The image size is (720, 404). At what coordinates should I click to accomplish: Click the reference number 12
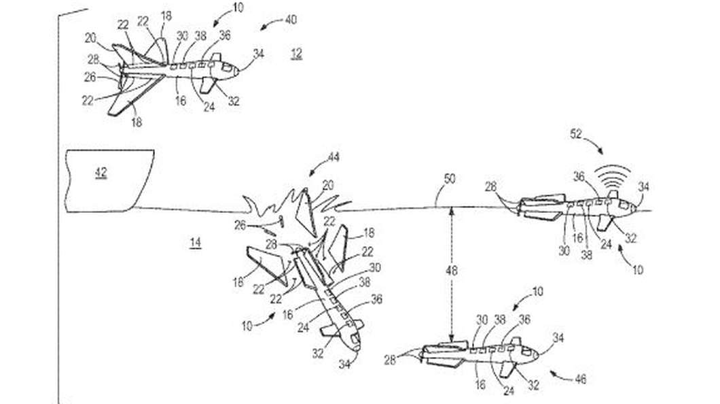296,54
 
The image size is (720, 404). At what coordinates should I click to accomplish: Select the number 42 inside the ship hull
101,173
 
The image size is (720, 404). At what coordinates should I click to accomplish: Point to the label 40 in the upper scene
291,21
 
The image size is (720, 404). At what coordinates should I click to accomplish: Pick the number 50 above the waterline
450,180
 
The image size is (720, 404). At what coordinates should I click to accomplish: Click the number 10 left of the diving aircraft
247,326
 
